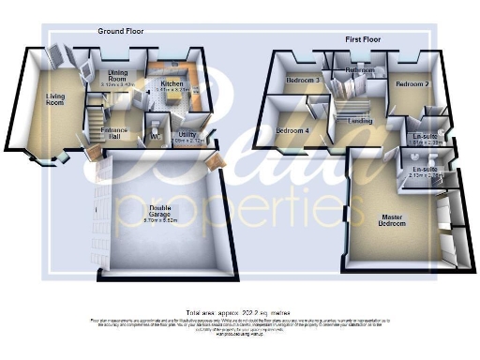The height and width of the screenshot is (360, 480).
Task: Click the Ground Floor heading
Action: click(x=122, y=31)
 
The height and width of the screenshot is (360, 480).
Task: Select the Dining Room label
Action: click(x=118, y=74)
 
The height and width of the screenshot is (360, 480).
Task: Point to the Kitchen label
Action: click(x=172, y=84)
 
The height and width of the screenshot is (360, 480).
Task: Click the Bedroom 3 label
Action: click(x=304, y=81)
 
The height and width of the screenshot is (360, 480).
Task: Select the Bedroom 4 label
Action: click(x=292, y=129)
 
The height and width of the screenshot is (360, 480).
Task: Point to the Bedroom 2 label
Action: click(x=412, y=84)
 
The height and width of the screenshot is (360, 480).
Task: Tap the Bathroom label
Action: click(x=359, y=70)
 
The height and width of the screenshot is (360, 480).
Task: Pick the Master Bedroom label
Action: click(x=392, y=221)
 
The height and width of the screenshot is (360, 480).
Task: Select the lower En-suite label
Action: click(x=425, y=170)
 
